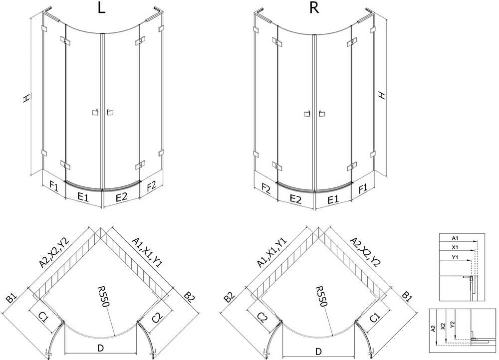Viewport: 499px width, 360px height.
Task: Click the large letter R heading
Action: point(314,7)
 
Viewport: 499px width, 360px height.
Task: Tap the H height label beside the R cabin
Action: point(382,95)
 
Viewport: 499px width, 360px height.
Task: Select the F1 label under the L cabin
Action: point(54,185)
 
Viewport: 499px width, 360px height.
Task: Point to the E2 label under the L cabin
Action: point(122,197)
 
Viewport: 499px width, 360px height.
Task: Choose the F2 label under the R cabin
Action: point(266,189)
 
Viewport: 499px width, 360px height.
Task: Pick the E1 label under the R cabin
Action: point(332,199)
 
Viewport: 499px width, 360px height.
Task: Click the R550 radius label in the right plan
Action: point(321,296)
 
